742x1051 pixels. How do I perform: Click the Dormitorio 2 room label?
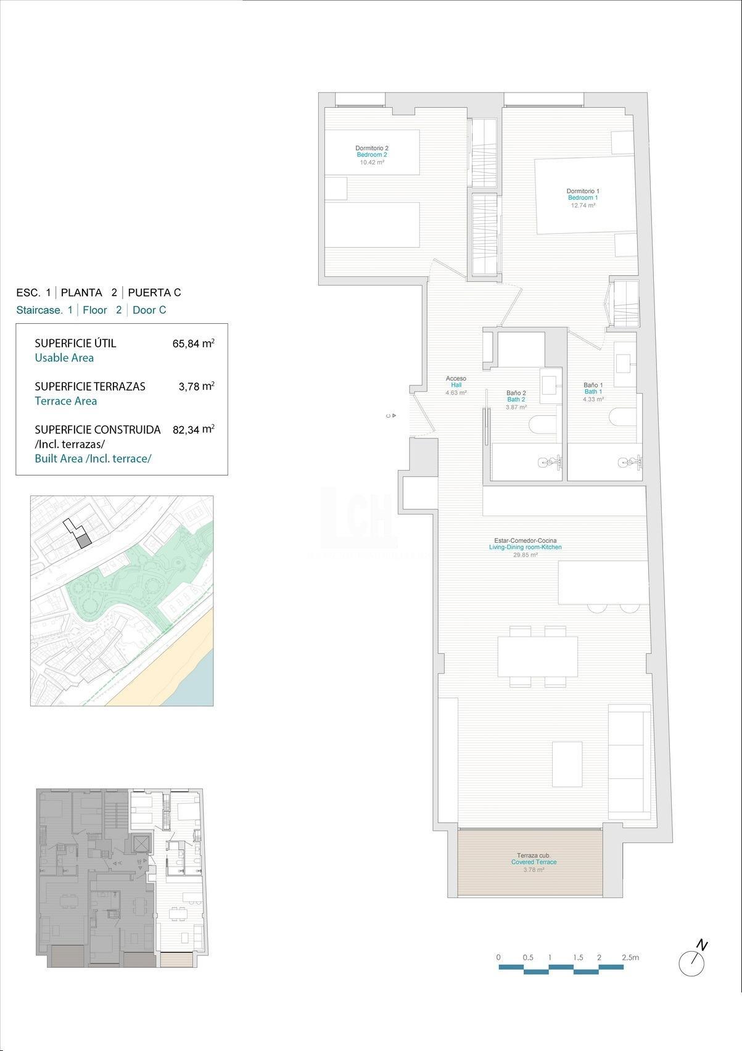pyautogui.click(x=371, y=148)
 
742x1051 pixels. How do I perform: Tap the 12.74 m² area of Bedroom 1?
pyautogui.click(x=582, y=205)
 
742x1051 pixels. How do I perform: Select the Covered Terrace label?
pyautogui.click(x=534, y=862)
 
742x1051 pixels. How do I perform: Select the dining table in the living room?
pyautogui.click(x=537, y=656)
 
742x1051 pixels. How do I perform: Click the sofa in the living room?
pyautogui.click(x=629, y=762)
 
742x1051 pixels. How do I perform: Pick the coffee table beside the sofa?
pyautogui.click(x=567, y=764)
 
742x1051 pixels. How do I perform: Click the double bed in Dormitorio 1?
pyautogui.click(x=584, y=196)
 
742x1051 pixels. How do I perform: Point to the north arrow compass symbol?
pyautogui.click(x=691, y=962)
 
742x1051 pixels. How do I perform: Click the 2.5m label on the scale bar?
pyautogui.click(x=630, y=957)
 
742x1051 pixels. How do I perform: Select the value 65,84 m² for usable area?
pyautogui.click(x=193, y=344)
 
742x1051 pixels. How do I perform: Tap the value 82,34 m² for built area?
pyautogui.click(x=193, y=429)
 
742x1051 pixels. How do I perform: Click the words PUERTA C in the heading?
pyautogui.click(x=154, y=293)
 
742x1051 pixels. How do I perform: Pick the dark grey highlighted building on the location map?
pyautogui.click(x=84, y=541)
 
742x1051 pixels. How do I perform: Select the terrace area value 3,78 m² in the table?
pyautogui.click(x=196, y=387)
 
